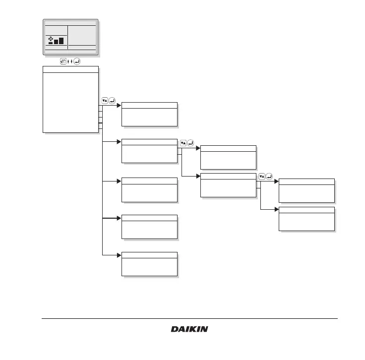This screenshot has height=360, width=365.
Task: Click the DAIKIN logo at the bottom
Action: point(189,329)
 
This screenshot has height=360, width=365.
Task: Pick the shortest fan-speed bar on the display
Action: point(51,43)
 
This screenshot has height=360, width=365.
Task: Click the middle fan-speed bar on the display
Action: point(56,41)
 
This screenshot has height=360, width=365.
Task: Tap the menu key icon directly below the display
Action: point(63,61)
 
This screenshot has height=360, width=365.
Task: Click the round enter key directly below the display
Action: point(77,61)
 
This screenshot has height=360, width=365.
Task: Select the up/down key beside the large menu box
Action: point(105,101)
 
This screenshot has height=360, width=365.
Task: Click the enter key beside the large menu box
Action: point(113,101)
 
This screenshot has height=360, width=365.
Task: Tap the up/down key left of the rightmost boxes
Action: point(262,176)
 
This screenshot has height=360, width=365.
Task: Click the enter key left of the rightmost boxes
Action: point(270,176)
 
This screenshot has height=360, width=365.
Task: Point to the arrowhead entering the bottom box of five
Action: point(119,255)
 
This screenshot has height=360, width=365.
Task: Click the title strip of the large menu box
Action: point(70,69)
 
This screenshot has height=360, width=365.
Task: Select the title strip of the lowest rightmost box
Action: point(306,210)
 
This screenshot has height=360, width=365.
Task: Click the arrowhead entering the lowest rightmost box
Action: point(276,210)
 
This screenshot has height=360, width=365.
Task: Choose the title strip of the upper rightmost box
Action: point(306,181)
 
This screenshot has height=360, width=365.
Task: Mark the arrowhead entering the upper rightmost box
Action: point(276,181)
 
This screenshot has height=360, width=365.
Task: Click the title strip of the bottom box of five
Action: point(149,255)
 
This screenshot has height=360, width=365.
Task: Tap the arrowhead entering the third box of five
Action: point(119,181)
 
